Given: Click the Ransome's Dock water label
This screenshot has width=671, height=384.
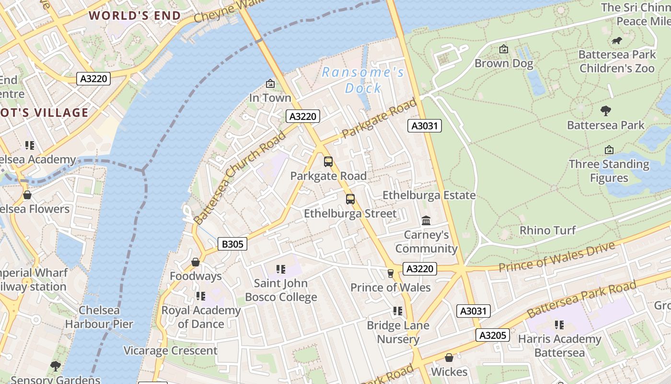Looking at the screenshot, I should [x=363, y=80].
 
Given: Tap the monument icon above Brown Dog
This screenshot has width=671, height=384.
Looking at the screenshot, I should [x=504, y=49].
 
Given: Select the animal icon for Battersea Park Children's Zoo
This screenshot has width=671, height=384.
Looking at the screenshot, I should [x=617, y=41].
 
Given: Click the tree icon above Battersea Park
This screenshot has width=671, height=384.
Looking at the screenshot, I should [x=606, y=111].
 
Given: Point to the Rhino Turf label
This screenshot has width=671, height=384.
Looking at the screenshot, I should [x=547, y=230].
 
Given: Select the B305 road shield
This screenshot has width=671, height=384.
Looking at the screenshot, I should [x=232, y=244].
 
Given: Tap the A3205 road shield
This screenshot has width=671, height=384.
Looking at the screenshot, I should [x=492, y=335].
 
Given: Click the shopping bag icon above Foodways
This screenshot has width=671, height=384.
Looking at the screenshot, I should [x=195, y=262].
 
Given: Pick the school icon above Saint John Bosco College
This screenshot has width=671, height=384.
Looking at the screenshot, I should [x=281, y=269].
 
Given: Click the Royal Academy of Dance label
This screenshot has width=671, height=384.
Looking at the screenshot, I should [x=201, y=317].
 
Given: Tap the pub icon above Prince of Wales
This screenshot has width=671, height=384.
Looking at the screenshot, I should [x=391, y=274].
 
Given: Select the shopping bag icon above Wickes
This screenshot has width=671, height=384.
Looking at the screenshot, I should [x=449, y=358].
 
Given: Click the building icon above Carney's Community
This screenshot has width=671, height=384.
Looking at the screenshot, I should [x=426, y=220].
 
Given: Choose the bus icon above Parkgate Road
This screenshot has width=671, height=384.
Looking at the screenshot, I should [x=328, y=162].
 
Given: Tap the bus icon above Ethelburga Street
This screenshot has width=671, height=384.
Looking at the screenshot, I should [x=350, y=199].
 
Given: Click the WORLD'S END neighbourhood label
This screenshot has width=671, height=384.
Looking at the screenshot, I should [x=135, y=16].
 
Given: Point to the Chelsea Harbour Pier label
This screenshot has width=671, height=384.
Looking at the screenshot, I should [x=99, y=317].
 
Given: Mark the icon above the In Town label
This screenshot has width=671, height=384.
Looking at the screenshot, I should [x=270, y=84].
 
